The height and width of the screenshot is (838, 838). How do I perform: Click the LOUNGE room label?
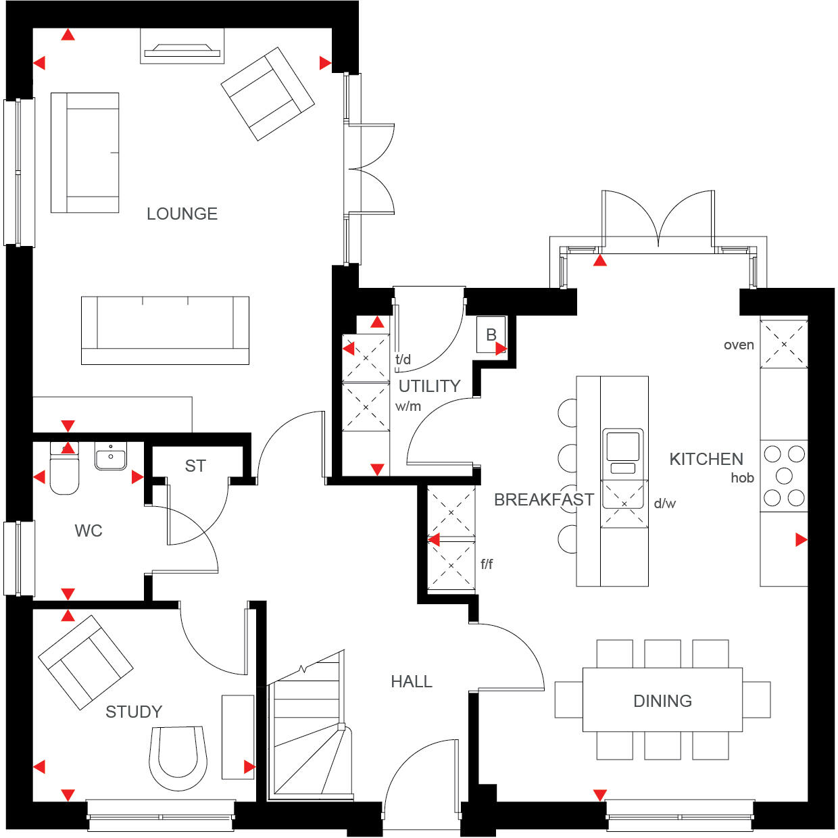pos(182,214)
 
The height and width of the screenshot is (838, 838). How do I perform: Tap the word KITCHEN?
pos(706,460)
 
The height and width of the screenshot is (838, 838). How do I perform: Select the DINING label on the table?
pos(662,701)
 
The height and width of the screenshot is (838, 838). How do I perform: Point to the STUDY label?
pos(134,712)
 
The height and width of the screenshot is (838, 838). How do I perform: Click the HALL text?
pos(411,681)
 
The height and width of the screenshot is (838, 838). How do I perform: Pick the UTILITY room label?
pos(429,386)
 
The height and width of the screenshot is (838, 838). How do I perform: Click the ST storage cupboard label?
pos(195,466)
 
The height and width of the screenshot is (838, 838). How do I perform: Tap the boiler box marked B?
pos(491,335)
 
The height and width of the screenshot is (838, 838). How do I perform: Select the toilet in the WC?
pos(65,470)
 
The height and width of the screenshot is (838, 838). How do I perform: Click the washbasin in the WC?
pos(110,457)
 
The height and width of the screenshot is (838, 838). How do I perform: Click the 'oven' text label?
pos(739,345)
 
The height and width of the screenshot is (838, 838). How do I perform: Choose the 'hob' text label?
pos(742,478)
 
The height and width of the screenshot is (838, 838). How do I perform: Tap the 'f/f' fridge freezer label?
pos(487,564)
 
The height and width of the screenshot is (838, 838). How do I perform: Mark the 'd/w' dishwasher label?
pos(664,503)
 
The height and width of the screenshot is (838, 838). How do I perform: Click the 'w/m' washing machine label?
pos(408,406)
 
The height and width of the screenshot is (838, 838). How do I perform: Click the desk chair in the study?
pos(178,757)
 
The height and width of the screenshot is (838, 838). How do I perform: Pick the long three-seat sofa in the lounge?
pos(165,330)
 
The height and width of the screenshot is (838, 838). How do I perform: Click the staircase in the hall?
pos(307,730)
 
